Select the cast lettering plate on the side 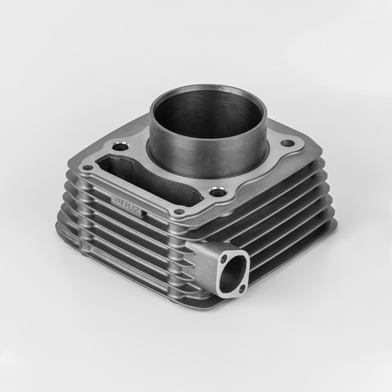pos(126,204)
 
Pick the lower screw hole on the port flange pos(241,288)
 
